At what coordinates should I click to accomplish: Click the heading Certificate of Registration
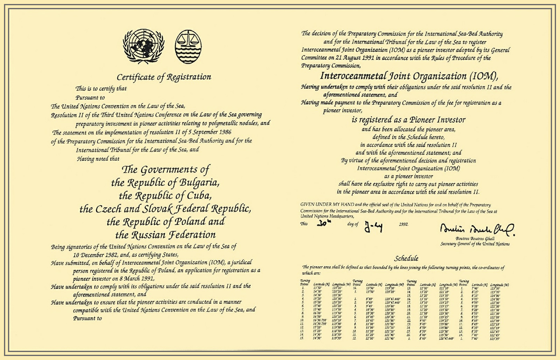[x=164, y=77]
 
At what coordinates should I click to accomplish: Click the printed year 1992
[x=404, y=224]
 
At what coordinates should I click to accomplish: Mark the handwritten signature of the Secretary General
[x=477, y=228]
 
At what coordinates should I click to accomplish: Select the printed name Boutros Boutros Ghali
[x=475, y=238]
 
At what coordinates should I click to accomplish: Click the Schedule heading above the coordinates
[x=406, y=258]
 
